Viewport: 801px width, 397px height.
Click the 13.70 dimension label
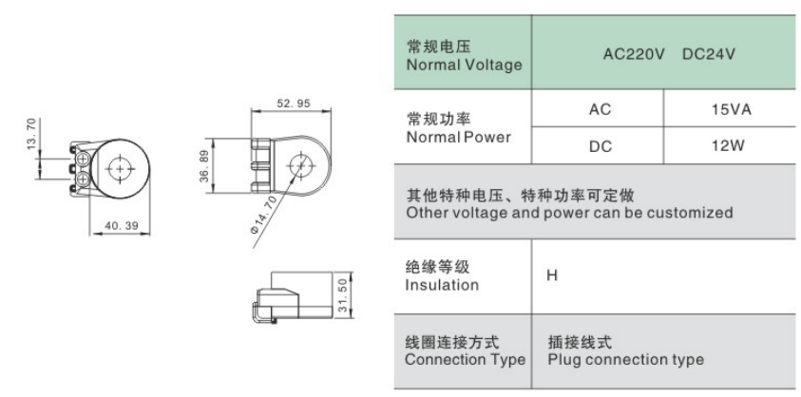31,134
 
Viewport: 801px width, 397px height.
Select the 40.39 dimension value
122,226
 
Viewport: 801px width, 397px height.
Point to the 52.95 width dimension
294,104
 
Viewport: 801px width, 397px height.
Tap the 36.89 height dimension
205,166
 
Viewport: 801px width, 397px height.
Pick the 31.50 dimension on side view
343,295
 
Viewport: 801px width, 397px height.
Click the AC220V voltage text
634,53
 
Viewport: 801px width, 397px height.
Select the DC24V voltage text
709,53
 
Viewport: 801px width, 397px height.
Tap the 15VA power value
732,109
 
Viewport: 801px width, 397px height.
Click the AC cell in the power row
600,109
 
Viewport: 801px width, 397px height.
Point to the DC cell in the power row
601,146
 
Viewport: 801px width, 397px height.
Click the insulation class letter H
552,276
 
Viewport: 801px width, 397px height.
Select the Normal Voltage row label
464,56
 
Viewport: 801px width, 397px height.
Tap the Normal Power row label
458,128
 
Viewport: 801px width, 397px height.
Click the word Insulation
442,285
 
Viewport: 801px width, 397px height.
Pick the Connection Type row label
465,350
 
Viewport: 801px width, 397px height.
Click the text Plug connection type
626,359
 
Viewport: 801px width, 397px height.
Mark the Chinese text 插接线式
580,342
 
